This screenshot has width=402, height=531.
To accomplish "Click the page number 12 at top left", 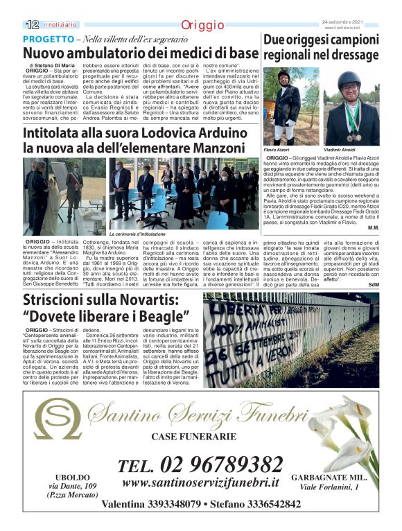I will click(x=31, y=24).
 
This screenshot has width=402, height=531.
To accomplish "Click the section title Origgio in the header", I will click(x=201, y=25).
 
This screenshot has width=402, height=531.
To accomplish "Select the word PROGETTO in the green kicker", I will click(x=48, y=39).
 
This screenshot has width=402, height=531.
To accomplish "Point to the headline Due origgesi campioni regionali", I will click(x=320, y=47).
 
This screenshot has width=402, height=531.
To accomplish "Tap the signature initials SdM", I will click(x=374, y=285).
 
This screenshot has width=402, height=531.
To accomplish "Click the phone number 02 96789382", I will click(x=200, y=465).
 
